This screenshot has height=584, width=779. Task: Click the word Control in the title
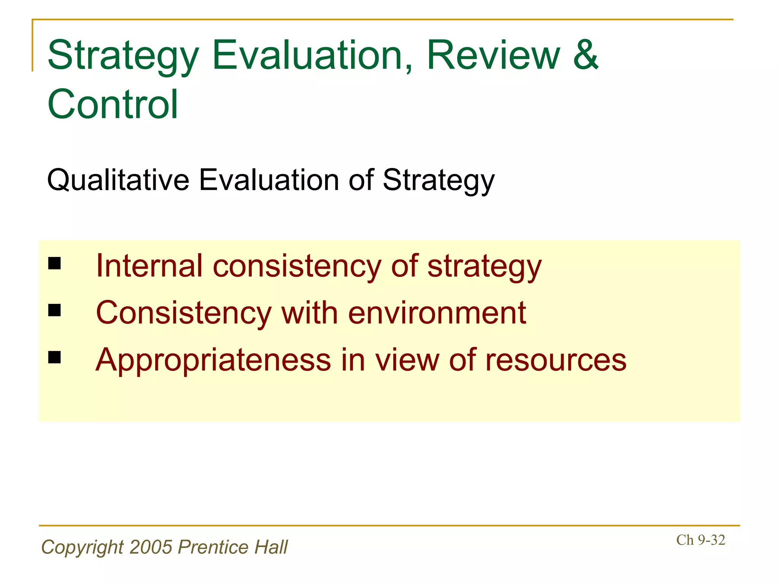point(113,104)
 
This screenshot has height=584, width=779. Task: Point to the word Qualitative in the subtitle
point(118,180)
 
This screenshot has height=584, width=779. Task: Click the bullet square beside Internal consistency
point(55,263)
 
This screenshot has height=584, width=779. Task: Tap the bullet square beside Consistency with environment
point(55,310)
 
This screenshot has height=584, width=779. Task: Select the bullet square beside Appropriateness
point(55,357)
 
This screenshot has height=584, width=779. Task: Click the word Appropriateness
point(213,360)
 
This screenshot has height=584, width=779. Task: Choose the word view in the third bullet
point(407,360)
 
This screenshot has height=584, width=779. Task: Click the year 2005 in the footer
point(151,547)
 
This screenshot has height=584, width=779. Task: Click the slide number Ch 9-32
point(700,540)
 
